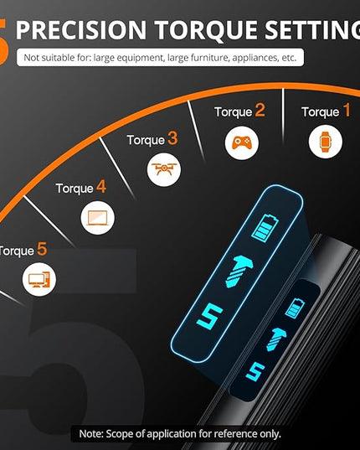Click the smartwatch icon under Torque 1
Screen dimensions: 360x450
click(326, 142)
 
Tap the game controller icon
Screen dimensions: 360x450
click(242, 142)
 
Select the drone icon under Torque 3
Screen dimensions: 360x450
click(163, 169)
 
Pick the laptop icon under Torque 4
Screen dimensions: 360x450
click(97, 218)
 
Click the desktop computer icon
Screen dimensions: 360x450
click(39, 280)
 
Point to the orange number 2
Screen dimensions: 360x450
click(260, 111)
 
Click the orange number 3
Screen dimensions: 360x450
click(172, 138)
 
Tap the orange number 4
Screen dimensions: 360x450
click(101, 187)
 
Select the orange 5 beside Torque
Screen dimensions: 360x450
click(42, 249)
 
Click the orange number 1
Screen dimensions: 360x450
click(347, 111)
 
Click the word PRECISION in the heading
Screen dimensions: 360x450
click(81, 30)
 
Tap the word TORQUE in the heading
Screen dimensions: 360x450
click(206, 31)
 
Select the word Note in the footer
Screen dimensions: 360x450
click(91, 433)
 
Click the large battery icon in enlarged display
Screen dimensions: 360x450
click(265, 229)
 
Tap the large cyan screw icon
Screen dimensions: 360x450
click(239, 271)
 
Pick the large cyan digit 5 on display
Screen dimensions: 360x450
click(210, 316)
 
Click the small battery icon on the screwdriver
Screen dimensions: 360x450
click(295, 308)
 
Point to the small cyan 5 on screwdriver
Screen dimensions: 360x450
click(255, 371)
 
